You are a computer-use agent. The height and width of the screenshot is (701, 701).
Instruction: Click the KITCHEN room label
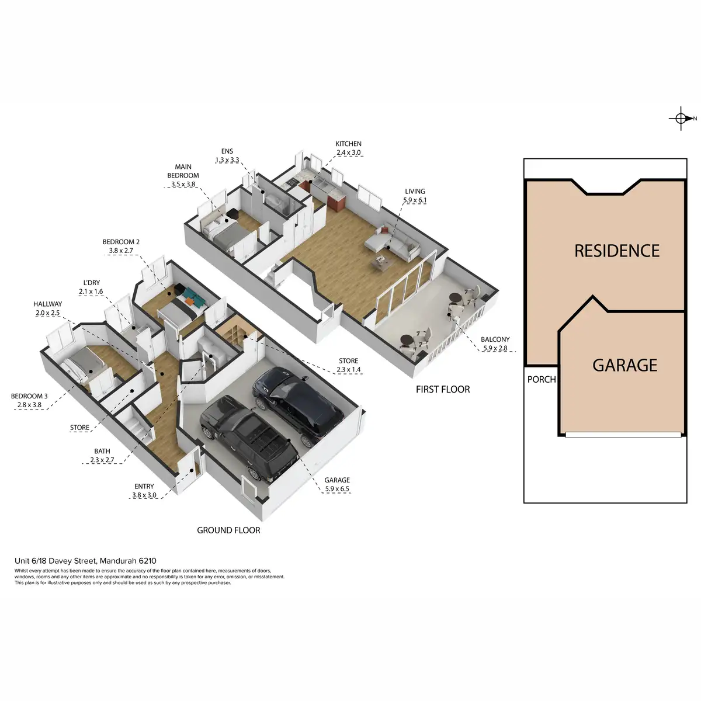pos(348,144)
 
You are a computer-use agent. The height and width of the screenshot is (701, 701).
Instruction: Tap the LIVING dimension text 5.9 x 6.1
pos(414,200)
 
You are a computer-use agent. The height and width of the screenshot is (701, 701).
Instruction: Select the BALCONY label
pos(495,339)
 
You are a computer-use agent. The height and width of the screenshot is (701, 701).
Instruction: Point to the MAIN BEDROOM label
pos(183,171)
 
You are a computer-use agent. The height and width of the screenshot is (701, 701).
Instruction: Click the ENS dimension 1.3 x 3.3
pos(227,160)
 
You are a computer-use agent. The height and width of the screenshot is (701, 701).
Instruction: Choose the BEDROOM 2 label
pos(121,242)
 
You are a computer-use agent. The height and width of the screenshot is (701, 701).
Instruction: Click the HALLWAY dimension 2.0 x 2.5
pos(47,313)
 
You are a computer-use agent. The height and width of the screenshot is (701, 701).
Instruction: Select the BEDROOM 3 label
pos(27,396)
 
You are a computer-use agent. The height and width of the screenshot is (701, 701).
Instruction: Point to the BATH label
pos(102,451)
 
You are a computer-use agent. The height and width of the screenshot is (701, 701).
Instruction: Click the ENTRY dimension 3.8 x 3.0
pos(144,495)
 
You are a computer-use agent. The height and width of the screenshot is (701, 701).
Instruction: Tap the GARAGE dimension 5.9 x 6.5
pos(337,489)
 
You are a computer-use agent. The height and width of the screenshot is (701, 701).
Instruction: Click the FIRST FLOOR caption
pos(443,389)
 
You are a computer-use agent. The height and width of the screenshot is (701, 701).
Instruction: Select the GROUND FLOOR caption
pos(228,530)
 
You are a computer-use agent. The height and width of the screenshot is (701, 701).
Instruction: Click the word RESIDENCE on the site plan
pos(617,251)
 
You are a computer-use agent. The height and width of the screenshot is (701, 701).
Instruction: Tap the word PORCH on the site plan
pos(542,379)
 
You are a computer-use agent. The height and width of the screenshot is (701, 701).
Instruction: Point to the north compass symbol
pos(681,119)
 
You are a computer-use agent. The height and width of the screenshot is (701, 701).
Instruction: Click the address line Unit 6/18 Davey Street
pos(85,561)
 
